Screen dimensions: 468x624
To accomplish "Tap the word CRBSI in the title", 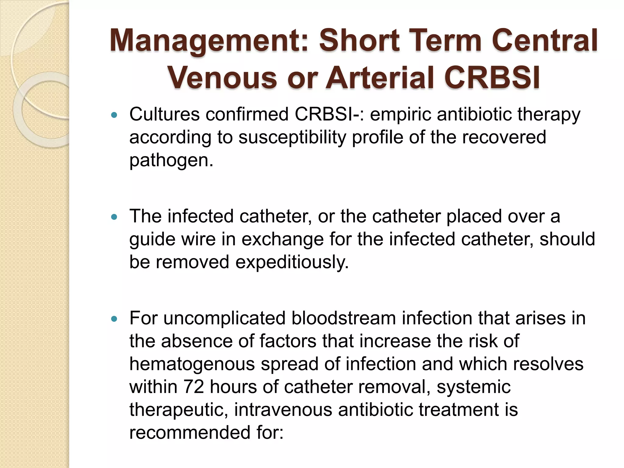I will pos(492,78).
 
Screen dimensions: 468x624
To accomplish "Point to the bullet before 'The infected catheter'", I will pos(114,217).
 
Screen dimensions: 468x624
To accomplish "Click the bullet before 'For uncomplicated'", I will pos(114,319).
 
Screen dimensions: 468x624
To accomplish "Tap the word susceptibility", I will pos(292,138).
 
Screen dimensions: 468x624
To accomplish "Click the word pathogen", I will pos(171,161).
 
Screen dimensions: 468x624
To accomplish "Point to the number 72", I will pos(193,387).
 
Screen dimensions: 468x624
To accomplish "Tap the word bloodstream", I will pos(343,318).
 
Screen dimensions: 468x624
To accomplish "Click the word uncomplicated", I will pos(224,318).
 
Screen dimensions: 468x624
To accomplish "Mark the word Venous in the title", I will pos(222,78).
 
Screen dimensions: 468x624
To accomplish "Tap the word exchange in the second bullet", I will pos(282,239).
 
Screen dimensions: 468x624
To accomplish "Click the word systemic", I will pos(473,387).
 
